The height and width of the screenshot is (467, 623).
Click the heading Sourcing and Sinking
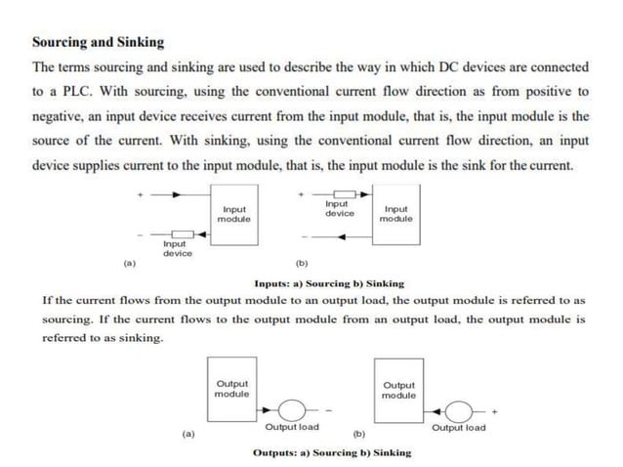click(99, 42)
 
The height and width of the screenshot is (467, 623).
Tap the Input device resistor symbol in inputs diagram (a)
click(178, 234)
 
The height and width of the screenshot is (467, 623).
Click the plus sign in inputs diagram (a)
click(140, 195)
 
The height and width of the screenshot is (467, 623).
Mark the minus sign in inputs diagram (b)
click(304, 235)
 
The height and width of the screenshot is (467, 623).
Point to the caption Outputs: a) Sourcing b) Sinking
click(332, 452)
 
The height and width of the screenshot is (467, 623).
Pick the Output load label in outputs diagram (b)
click(458, 428)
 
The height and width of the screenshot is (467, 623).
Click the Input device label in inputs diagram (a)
click(177, 249)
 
